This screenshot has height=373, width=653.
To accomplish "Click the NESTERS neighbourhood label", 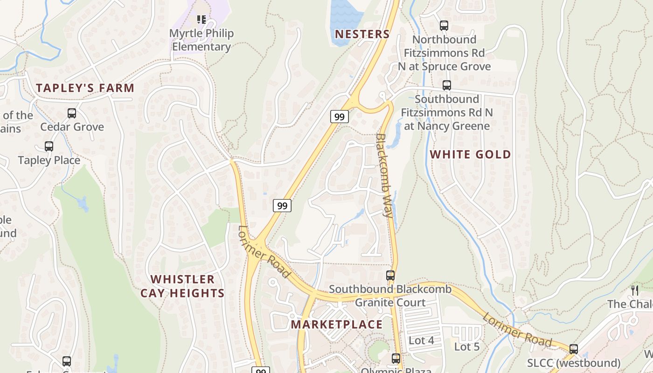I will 362,34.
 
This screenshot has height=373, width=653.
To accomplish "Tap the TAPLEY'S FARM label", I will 85,88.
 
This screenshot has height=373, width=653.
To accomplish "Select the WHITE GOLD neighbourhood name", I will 470,154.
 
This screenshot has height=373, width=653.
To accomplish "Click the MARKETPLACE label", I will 336,325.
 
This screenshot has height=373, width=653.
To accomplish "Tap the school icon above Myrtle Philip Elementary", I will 201,20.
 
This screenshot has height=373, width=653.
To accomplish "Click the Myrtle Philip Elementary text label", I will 201,40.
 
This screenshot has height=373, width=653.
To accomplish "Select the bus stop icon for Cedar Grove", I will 72,113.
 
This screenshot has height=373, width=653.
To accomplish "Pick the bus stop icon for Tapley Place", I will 49,146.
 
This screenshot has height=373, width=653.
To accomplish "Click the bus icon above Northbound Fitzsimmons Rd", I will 444,26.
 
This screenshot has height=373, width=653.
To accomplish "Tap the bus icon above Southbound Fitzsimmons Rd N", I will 447,85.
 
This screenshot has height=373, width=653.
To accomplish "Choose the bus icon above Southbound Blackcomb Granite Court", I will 390,276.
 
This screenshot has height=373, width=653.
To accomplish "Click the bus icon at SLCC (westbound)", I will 574,349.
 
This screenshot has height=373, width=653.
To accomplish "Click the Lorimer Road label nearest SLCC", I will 517,330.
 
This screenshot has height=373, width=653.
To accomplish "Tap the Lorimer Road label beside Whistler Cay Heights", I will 264,252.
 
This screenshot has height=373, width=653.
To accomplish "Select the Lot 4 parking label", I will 421,340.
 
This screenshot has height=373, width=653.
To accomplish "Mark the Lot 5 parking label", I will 467,346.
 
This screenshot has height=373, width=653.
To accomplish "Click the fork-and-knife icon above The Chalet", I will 634,290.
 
